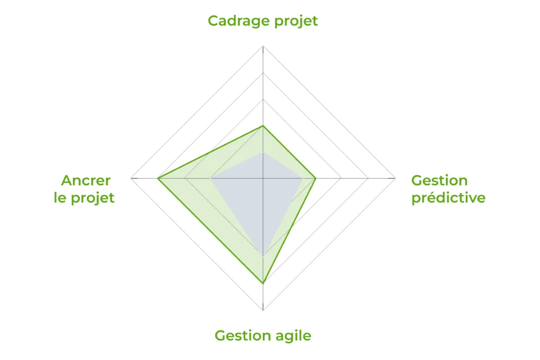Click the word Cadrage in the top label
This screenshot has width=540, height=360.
238,21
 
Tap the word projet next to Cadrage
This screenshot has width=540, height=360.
296,21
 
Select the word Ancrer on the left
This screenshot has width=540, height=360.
86,180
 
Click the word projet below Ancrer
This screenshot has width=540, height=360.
92,198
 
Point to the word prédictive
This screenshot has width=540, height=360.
448,198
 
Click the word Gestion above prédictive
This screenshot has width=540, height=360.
439,180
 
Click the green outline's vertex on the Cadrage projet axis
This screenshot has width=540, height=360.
263,126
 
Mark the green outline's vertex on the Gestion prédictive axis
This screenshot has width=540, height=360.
315,178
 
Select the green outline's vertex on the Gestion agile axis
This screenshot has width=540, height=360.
263,283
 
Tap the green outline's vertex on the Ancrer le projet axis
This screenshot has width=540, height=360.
158,178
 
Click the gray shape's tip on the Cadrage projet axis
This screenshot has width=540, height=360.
263,152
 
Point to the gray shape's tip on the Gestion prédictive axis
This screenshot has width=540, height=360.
302,178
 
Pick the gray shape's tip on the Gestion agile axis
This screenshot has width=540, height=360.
263,257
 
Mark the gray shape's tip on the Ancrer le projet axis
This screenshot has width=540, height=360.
210,178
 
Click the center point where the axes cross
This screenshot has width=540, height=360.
263,178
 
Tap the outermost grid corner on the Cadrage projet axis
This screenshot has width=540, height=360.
263,46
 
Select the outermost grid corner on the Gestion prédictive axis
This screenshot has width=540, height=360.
396,178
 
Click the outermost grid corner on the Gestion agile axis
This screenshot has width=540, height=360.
263,310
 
